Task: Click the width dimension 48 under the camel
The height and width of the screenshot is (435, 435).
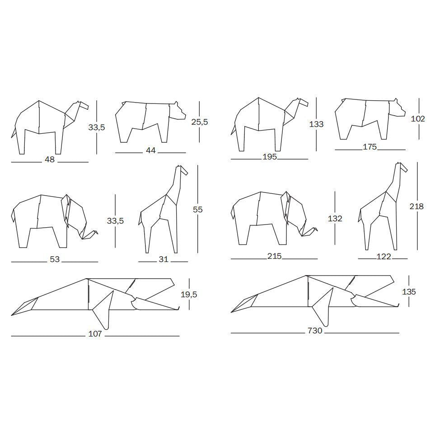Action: [x=50, y=159]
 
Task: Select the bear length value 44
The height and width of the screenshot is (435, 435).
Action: [x=150, y=150]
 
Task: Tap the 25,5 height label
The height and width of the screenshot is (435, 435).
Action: [x=200, y=122]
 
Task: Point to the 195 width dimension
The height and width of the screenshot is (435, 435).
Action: [x=270, y=157]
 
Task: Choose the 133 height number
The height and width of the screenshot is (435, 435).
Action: [x=316, y=124]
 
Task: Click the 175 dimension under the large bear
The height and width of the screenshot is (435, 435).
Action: [x=370, y=147]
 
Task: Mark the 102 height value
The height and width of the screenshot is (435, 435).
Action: [x=418, y=119]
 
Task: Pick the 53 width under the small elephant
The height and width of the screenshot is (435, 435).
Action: [x=55, y=259]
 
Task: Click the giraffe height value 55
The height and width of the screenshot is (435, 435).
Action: [x=198, y=210]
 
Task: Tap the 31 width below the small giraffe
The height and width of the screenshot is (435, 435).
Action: [x=164, y=259]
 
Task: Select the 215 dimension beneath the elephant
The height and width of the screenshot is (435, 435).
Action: [x=274, y=256]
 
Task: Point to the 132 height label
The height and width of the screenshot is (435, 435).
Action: [x=335, y=219]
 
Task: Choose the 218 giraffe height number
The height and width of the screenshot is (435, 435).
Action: [x=416, y=206]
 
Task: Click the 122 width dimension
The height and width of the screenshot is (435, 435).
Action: [x=384, y=257]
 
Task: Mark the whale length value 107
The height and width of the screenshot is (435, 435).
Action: [x=95, y=334]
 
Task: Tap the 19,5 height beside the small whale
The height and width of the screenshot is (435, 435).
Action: [x=189, y=295]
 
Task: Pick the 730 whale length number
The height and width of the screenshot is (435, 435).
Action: [x=315, y=331]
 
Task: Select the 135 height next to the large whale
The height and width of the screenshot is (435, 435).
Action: [x=409, y=291]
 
